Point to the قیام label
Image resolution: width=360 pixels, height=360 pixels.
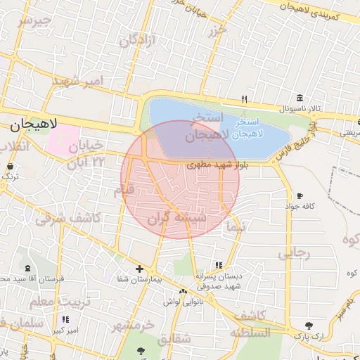coord(124,189)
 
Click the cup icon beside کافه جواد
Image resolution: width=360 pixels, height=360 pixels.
coord(300,195)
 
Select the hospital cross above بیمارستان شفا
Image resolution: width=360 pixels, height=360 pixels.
coord(139,269)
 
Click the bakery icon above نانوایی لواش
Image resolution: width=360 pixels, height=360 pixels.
coord(183,291)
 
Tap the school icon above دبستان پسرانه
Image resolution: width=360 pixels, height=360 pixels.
coord(219,264)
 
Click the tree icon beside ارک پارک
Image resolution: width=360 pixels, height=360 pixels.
coord(309,325)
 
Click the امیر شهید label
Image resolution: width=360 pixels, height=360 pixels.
coord(78,82)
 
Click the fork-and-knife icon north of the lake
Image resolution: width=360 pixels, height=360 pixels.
coord(244,98)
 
